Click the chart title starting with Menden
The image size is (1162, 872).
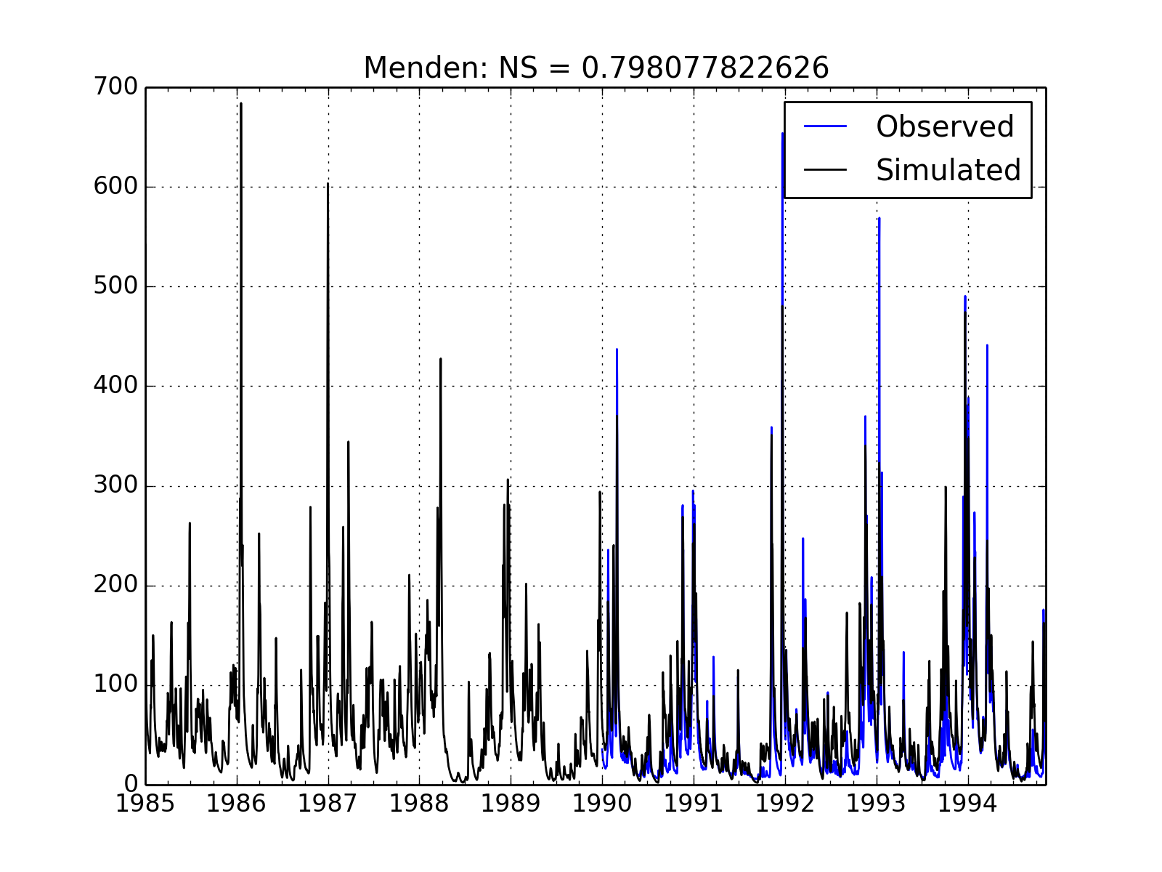(x=596, y=68)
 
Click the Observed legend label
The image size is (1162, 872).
(x=944, y=126)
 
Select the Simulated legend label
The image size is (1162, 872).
(x=948, y=170)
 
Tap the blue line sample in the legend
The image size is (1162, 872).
(x=826, y=126)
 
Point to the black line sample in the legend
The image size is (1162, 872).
(x=826, y=170)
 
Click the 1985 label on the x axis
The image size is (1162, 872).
(x=146, y=804)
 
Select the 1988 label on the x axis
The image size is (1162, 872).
(x=420, y=804)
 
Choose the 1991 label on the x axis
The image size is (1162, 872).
(x=694, y=804)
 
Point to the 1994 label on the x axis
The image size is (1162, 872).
(x=967, y=804)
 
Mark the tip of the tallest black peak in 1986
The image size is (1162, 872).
(x=241, y=103)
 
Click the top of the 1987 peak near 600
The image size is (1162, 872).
(x=328, y=183)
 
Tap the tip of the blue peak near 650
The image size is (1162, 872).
(x=782, y=133)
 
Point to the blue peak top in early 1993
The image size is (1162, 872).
(x=879, y=218)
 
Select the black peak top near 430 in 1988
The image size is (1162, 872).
(x=440, y=358)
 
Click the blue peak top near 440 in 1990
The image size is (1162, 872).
(x=617, y=349)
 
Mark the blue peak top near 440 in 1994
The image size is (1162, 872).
(x=987, y=345)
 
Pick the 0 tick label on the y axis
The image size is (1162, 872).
(x=130, y=784)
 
